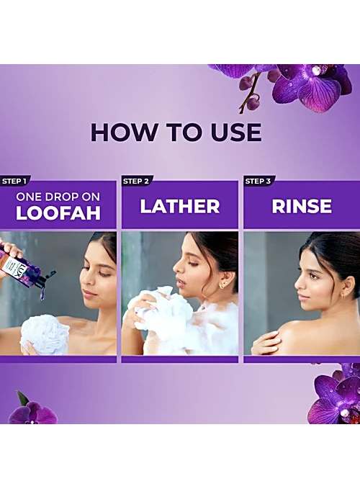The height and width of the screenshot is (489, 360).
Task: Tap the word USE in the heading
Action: coord(236,133)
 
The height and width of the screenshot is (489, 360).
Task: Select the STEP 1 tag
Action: coord(14,181)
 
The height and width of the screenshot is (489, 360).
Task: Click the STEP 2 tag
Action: coord(136,181)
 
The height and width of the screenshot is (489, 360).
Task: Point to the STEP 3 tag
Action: coord(258,181)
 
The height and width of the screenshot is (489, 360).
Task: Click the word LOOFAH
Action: coord(58,213)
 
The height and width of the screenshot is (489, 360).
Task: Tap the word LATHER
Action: coord(180,206)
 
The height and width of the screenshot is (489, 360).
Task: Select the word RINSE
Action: coord(302,206)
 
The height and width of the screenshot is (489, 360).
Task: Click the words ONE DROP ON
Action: coord(58,197)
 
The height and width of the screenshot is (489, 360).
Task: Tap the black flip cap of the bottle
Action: coord(46,281)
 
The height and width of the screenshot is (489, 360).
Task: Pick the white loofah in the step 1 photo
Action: coord(45,334)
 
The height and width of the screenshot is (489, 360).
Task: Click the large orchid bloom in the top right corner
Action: coord(307,86)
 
